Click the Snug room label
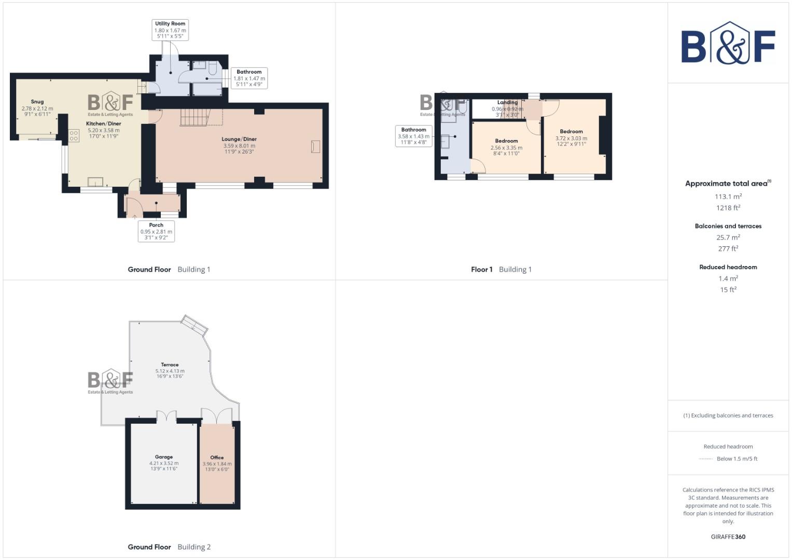[x=37, y=102]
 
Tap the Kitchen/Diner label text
[x=104, y=124]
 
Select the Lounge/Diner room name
[x=239, y=139]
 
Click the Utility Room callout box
[x=170, y=30]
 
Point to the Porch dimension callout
[x=156, y=232]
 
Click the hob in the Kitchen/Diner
[x=74, y=136]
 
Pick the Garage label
[x=164, y=457]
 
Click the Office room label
[x=217, y=457]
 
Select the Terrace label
[x=170, y=365]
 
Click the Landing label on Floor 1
[x=507, y=103]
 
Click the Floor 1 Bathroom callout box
[x=413, y=136]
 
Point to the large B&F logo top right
[x=728, y=44]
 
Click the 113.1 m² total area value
[x=728, y=197]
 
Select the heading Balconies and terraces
[x=728, y=226]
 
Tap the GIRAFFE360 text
[x=728, y=537]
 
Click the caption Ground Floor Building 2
[x=169, y=547]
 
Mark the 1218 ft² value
[x=728, y=208]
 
